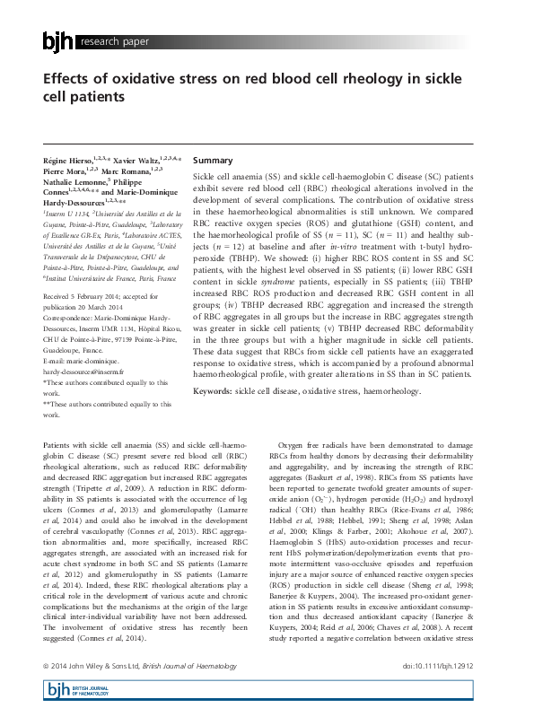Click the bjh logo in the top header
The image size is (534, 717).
(58, 41)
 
